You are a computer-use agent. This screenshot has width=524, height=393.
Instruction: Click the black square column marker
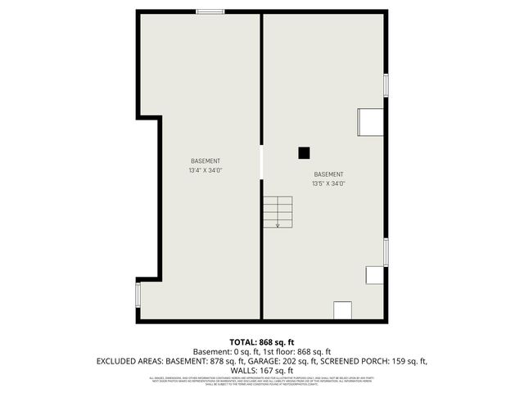click(x=304, y=152)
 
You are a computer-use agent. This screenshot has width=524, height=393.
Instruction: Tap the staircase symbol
click(x=278, y=212)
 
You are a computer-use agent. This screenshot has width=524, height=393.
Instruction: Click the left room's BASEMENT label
click(x=206, y=161)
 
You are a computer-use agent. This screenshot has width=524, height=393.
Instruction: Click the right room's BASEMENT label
click(x=328, y=174)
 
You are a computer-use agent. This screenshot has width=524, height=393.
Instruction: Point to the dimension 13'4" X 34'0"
click(x=206, y=171)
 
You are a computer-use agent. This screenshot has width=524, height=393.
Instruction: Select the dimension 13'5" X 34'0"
click(x=328, y=184)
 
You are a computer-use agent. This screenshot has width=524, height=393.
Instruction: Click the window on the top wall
click(x=210, y=11)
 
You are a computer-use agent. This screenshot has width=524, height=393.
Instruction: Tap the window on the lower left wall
click(x=138, y=294)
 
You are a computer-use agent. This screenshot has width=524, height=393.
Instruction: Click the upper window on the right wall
click(x=386, y=85)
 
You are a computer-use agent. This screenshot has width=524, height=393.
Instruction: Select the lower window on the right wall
click(x=386, y=251)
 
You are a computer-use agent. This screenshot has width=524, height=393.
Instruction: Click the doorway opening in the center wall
click(x=261, y=161)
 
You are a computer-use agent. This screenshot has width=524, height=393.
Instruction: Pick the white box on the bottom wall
click(x=342, y=310)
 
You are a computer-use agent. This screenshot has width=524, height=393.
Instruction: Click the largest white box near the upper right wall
click(x=369, y=122)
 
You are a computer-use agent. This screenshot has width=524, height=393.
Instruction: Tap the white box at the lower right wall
click(x=374, y=275)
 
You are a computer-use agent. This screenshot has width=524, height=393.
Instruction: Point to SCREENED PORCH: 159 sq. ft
click(x=374, y=361)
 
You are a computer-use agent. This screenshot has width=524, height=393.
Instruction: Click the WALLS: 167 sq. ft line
click(x=262, y=370)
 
